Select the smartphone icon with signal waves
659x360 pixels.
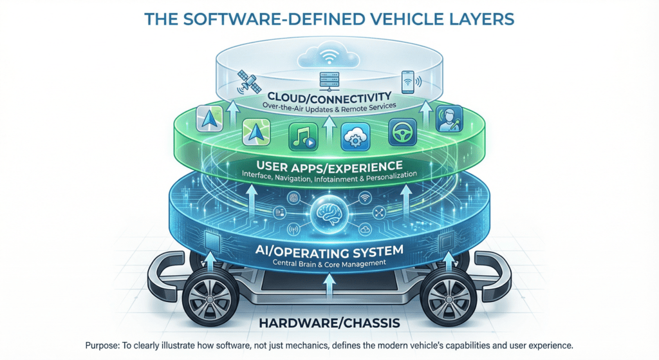tap(408, 81)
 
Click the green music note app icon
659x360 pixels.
tap(302, 137)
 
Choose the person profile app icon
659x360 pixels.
tap(449, 120)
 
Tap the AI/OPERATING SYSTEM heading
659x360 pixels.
tap(330, 252)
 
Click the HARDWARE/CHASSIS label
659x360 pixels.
tap(329, 322)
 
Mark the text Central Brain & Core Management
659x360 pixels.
tap(330, 263)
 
